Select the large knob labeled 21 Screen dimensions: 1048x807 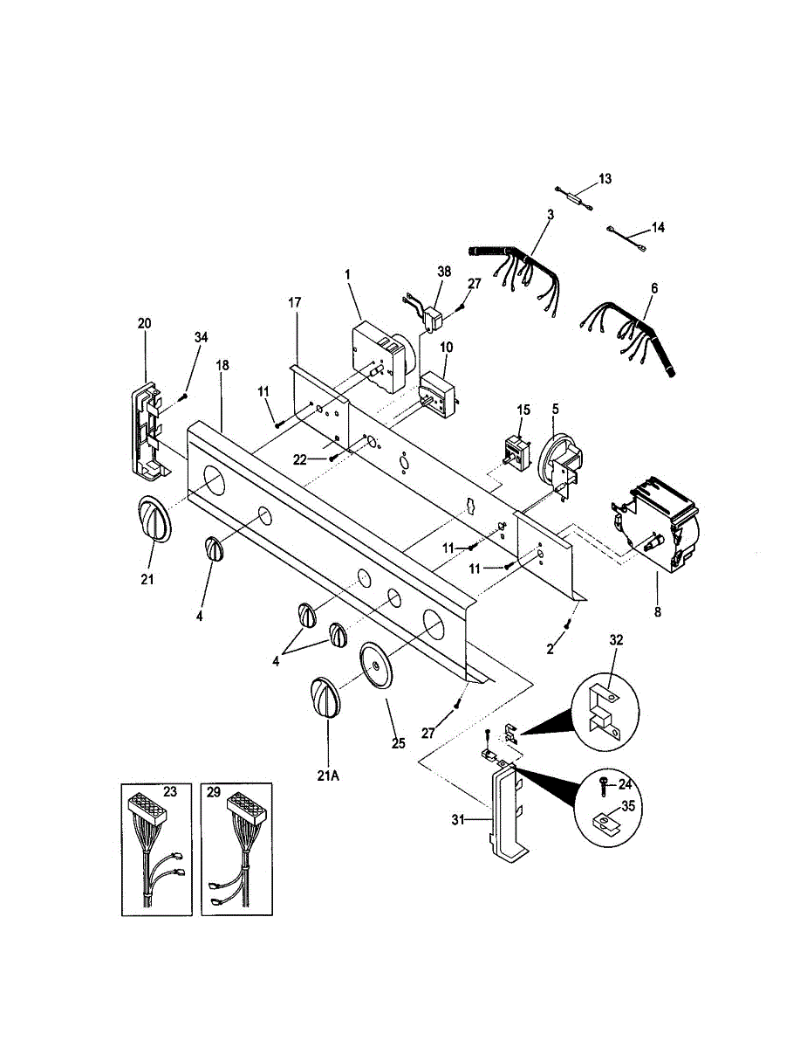[x=154, y=521]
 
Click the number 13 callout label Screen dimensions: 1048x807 [x=605, y=179]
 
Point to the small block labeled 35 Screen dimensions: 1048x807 [x=604, y=821]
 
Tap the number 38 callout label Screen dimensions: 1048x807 [x=444, y=272]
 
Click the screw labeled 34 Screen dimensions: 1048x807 [x=182, y=397]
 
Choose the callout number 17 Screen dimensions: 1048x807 [x=294, y=302]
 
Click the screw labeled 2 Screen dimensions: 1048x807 [x=568, y=623]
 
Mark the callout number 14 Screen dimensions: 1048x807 [x=657, y=227]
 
